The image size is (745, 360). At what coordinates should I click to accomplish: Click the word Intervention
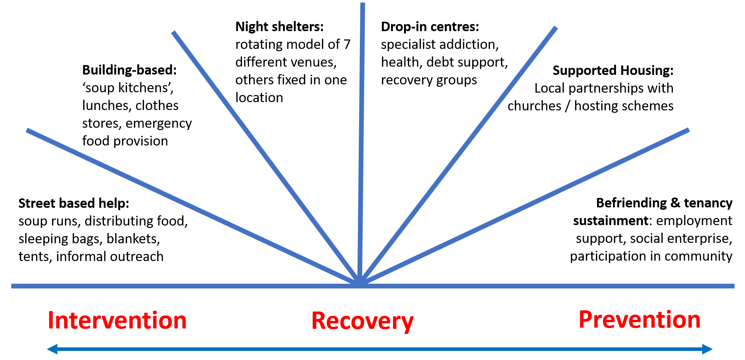click(x=117, y=320)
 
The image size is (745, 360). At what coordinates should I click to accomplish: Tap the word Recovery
click(x=362, y=321)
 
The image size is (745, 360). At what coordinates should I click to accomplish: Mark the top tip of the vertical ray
click(x=363, y=5)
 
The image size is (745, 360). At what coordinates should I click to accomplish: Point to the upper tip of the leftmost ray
click(x=28, y=131)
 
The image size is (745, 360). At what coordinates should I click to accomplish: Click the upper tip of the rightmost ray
click(x=688, y=130)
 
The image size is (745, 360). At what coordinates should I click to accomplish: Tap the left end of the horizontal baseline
click(x=13, y=286)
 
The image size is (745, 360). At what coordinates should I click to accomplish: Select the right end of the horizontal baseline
click(x=733, y=286)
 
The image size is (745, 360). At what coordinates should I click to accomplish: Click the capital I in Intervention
click(x=50, y=320)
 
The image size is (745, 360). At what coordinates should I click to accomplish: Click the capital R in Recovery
click(x=319, y=320)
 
